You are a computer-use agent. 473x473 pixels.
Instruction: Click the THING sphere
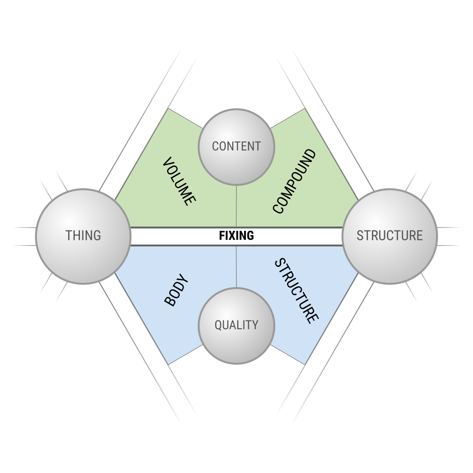pos(83,236)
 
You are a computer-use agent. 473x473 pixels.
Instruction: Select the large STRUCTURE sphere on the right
pos(390,236)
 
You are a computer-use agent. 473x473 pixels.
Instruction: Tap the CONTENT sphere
pos(236,146)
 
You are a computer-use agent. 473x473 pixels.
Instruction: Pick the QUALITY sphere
pos(236,325)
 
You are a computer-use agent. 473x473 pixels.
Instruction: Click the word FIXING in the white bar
pos(236,236)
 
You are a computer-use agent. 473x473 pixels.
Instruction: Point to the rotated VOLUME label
pos(179,182)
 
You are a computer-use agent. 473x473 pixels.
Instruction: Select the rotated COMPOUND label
pos(294,181)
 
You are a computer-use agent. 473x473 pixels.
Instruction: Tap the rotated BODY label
pos(176,290)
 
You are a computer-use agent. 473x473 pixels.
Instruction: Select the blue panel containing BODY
pos(156,274)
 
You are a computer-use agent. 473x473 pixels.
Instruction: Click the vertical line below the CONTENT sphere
pos(236,206)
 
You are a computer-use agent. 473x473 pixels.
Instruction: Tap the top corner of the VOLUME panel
pos(168,109)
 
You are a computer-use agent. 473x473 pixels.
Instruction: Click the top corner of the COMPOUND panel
pos(305,109)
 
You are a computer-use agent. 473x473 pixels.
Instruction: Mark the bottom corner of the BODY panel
pos(168,364)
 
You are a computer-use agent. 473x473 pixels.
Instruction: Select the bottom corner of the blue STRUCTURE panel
pos(305,364)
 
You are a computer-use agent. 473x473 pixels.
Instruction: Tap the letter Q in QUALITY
pos(218,325)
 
